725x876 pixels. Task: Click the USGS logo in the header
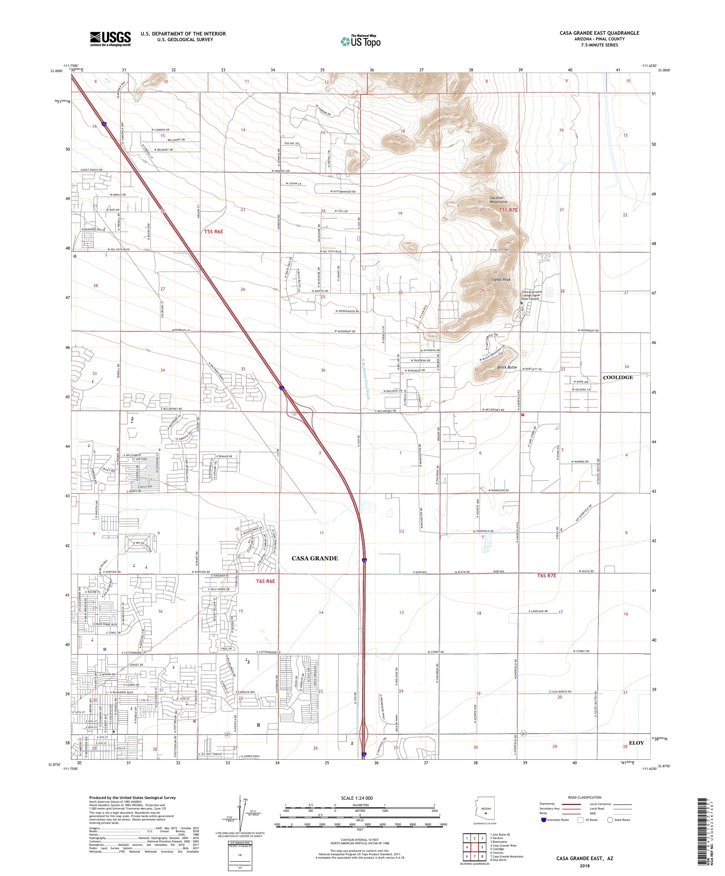pyautogui.click(x=110, y=39)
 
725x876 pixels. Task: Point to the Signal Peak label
pyautogui.click(x=501, y=280)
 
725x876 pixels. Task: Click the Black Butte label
pyautogui.click(x=507, y=367)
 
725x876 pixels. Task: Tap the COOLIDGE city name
pyautogui.click(x=617, y=377)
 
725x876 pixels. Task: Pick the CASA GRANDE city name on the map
pyautogui.click(x=315, y=558)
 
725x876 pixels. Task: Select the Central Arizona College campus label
pyautogui.click(x=537, y=295)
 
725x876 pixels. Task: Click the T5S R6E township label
pyautogui.click(x=217, y=231)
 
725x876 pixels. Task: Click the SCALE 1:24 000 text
pyautogui.click(x=359, y=798)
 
